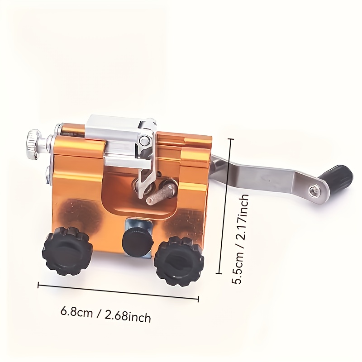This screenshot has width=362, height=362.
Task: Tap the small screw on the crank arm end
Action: tap(313, 190)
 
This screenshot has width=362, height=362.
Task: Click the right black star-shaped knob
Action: tap(179, 261)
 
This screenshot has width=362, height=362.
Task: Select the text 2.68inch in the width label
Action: tap(128, 316)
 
